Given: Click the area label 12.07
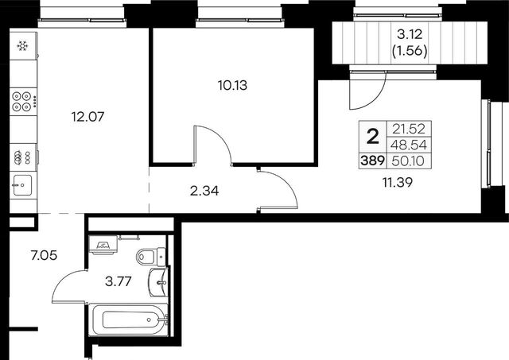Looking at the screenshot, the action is click(x=87, y=117).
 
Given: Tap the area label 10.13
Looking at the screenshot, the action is click(x=232, y=85).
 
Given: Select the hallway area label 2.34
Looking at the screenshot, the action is click(x=204, y=191).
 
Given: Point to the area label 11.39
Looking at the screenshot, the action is click(x=398, y=183).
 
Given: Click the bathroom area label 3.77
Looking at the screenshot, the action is click(x=119, y=281).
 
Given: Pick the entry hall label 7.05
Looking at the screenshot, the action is click(x=44, y=256).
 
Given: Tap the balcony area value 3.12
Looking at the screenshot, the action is click(x=410, y=34).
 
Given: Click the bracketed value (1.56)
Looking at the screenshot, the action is click(x=410, y=51).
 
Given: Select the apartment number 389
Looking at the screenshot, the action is click(x=372, y=161).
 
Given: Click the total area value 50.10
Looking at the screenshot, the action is click(x=408, y=161).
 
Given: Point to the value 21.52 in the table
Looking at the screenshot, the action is click(x=409, y=129).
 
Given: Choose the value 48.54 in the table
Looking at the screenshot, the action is click(x=409, y=145).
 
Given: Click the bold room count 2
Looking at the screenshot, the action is click(x=373, y=137).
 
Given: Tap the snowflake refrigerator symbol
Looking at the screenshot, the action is click(x=22, y=46).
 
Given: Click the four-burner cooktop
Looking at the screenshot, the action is click(x=23, y=102).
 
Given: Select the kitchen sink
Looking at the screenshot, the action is click(x=22, y=185).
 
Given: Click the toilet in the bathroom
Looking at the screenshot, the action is click(x=151, y=257).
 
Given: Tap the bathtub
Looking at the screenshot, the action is click(x=129, y=319).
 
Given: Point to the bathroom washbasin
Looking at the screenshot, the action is click(x=158, y=282).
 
